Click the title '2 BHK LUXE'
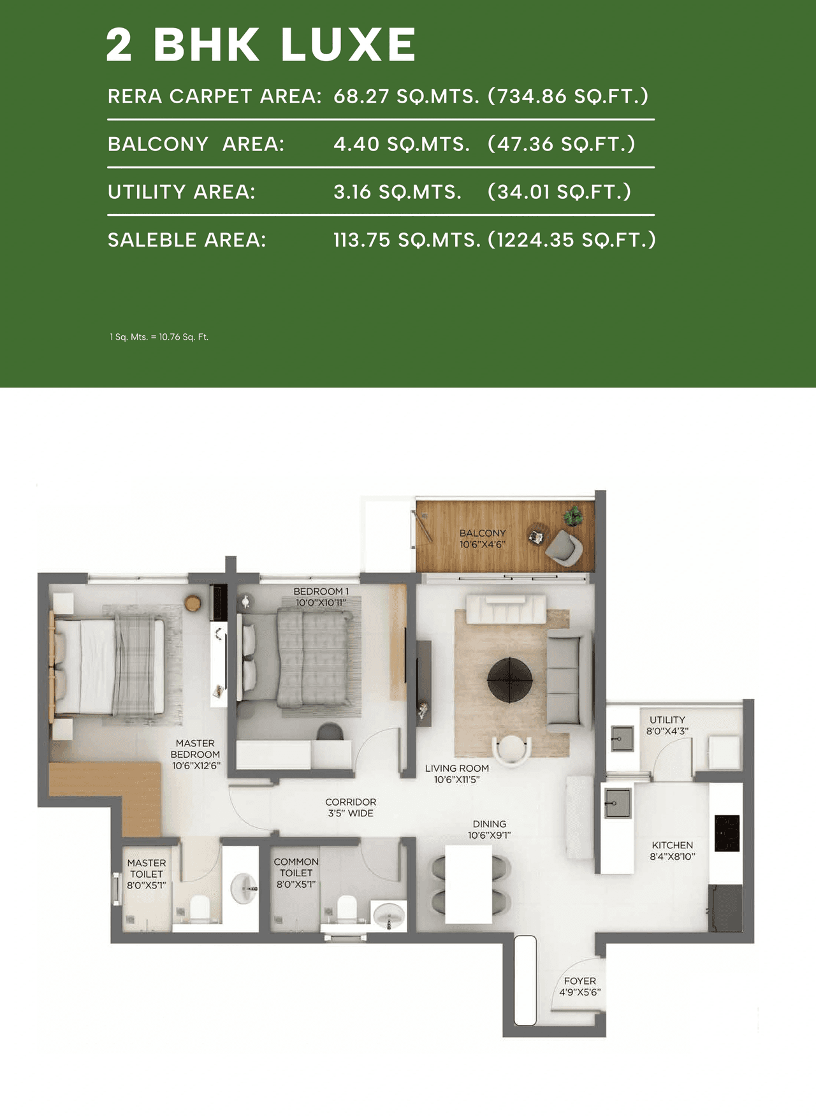click(260, 45)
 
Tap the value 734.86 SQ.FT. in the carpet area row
click(567, 96)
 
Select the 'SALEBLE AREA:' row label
click(186, 240)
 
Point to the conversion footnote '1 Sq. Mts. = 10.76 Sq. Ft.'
click(159, 337)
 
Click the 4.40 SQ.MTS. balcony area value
click(401, 144)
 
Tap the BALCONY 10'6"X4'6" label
click(482, 539)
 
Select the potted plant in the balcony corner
click(573, 515)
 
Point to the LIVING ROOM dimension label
click(456, 774)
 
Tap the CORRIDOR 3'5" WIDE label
click(351, 808)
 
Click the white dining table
click(468, 884)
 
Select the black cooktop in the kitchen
click(727, 833)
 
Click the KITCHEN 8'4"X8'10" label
click(672, 851)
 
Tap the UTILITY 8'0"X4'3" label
click(667, 725)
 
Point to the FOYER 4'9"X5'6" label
click(579, 987)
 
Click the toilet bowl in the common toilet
click(346, 909)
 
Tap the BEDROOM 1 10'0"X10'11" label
click(321, 597)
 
